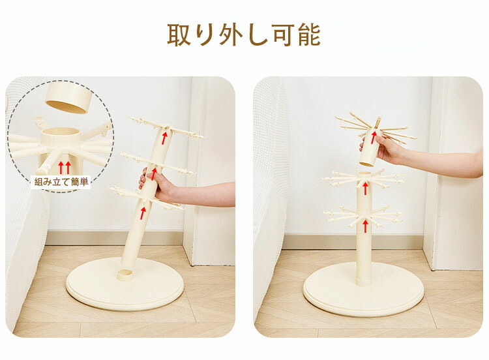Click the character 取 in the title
click(179, 35)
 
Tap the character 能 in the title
click(309, 35)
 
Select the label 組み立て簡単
click(61, 181)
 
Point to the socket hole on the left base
click(126, 275)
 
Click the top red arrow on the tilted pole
click(164, 138)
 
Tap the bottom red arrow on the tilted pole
click(143, 213)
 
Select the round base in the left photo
click(125, 286)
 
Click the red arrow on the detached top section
click(374, 138)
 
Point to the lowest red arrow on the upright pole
click(365, 226)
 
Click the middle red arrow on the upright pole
click(365, 188)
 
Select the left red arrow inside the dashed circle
click(61, 168)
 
